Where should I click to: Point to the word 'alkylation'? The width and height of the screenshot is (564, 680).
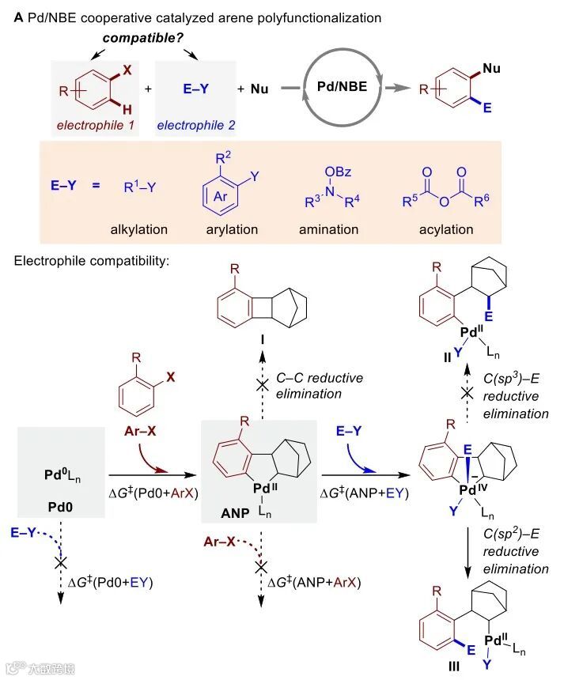point(140,229)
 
